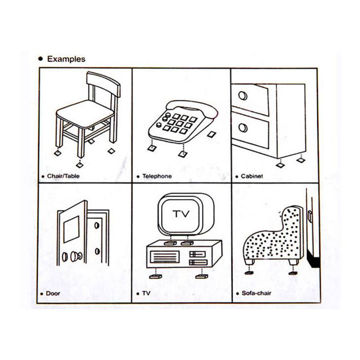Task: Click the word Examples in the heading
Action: pos(66,59)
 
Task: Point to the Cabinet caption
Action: pos(252,177)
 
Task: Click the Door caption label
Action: pos(53,293)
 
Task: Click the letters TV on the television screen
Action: pos(180,213)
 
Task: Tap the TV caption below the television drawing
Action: pos(147,293)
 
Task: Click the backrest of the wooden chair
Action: pos(103,84)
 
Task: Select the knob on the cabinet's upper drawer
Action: pos(243,96)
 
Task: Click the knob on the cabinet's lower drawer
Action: pos(243,128)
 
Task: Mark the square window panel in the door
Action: pos(71,229)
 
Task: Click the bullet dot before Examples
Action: pos(41,59)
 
